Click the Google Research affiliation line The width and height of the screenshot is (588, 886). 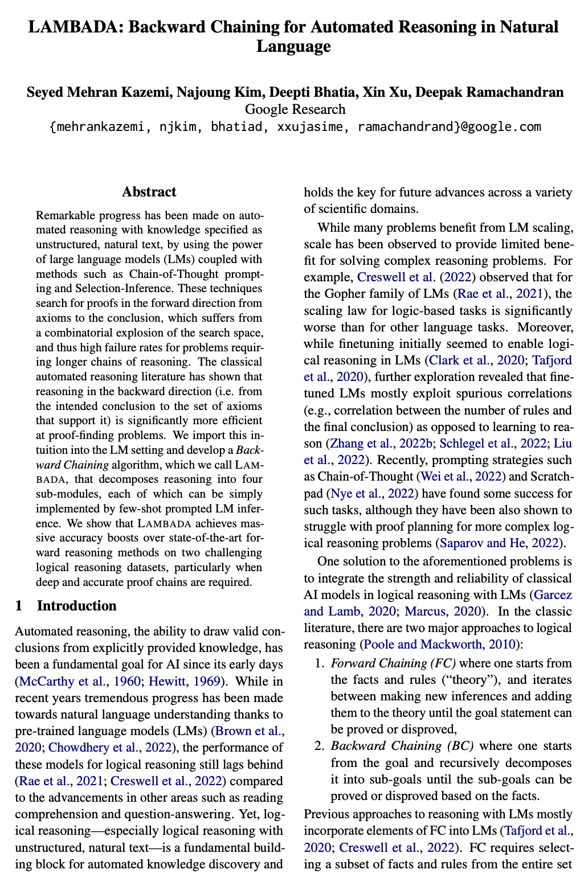295,109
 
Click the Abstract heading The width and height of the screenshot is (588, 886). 149,192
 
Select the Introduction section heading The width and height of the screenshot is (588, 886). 76,605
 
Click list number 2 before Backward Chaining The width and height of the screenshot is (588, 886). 320,746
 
